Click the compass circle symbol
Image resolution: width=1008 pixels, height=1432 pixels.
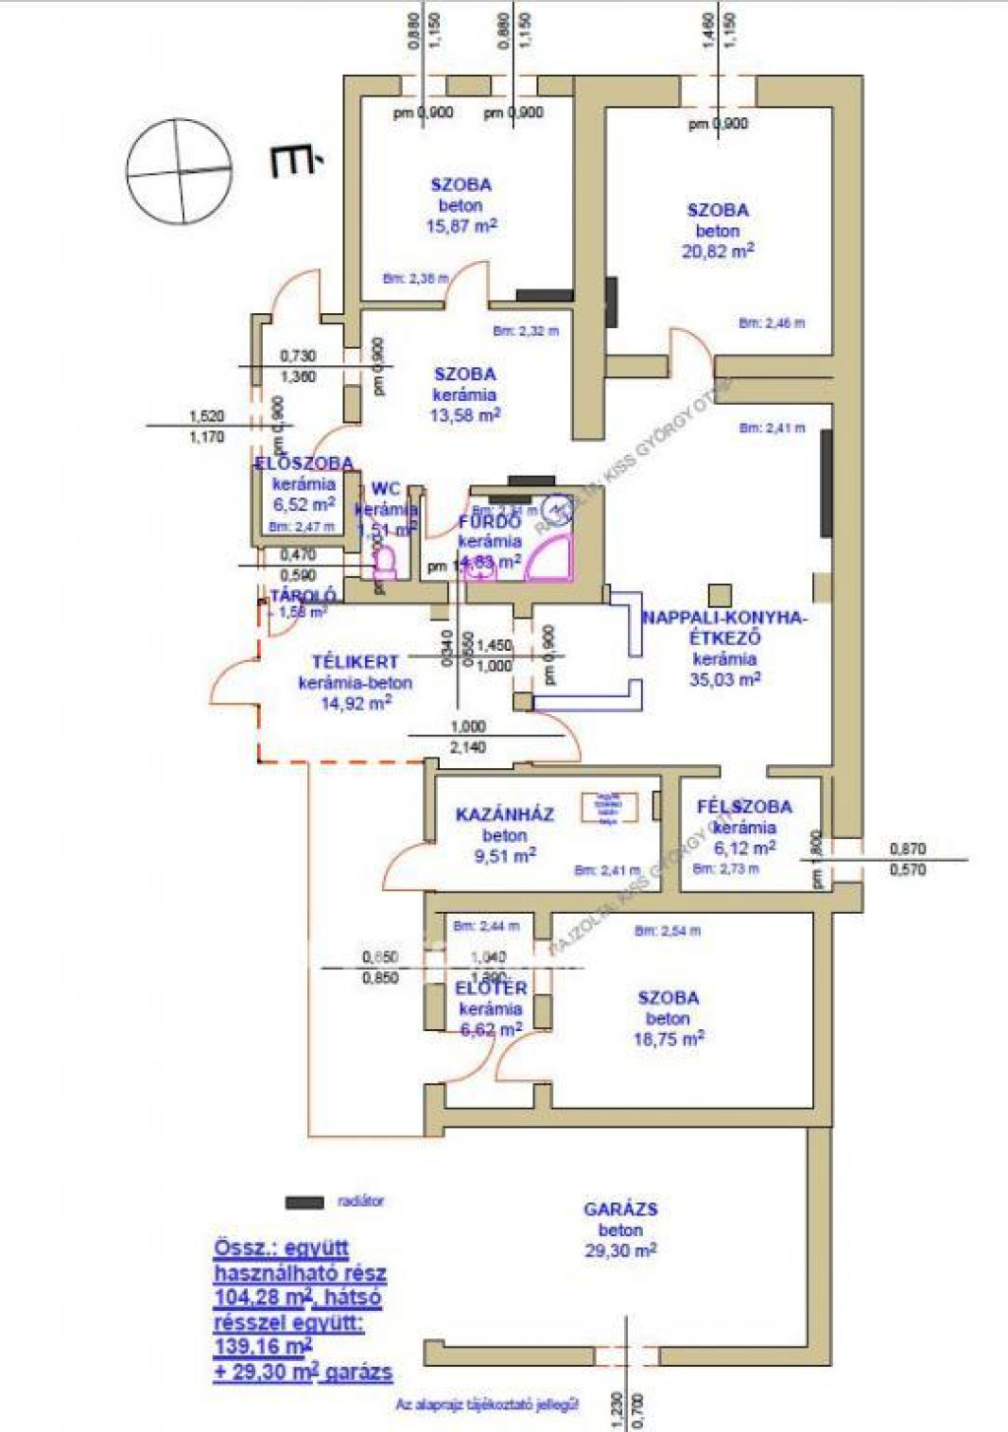point(180,171)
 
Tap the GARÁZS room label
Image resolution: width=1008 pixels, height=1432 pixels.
point(620,1209)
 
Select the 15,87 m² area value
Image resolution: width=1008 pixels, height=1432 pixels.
point(461,227)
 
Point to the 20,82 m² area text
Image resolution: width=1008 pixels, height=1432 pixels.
point(718,251)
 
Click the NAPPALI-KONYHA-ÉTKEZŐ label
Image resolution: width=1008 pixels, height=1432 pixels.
point(724,627)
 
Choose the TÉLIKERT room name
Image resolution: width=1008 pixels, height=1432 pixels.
point(355,662)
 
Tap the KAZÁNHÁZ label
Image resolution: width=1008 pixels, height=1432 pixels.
point(504,814)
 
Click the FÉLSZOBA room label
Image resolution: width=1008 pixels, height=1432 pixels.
point(744,807)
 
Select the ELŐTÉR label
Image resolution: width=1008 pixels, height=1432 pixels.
point(491,988)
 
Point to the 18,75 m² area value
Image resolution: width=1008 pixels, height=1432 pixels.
point(668,1040)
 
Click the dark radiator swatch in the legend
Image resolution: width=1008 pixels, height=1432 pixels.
point(304,1202)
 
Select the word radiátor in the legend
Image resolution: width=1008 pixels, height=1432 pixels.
point(360,1202)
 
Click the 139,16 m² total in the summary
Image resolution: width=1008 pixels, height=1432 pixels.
point(263,1346)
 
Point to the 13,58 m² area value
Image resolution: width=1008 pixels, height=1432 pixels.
point(465,416)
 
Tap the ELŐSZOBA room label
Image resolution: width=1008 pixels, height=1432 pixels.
point(304,463)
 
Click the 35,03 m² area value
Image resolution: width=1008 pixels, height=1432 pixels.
point(724,680)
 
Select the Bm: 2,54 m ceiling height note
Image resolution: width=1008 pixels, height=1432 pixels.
point(667,931)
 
